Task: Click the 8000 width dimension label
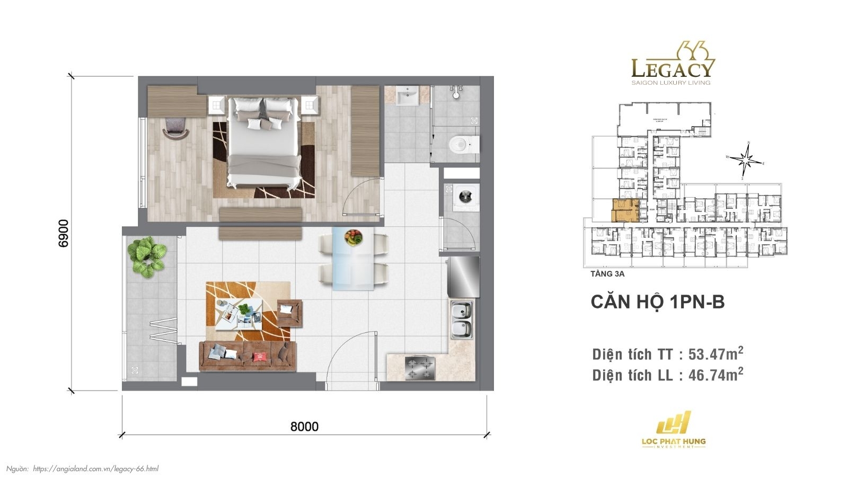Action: (x=304, y=427)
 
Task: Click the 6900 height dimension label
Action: (x=63, y=233)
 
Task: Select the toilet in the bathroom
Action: (x=463, y=143)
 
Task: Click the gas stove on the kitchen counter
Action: (x=420, y=368)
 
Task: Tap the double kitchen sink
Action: (x=462, y=320)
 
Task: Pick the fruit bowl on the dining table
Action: (x=354, y=237)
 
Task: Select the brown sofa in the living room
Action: (x=247, y=355)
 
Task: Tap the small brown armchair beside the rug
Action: (x=289, y=313)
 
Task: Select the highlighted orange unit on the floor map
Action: (x=624, y=210)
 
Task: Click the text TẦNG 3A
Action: (x=607, y=274)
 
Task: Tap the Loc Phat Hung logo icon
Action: (x=674, y=423)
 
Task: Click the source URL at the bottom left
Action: (x=95, y=469)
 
